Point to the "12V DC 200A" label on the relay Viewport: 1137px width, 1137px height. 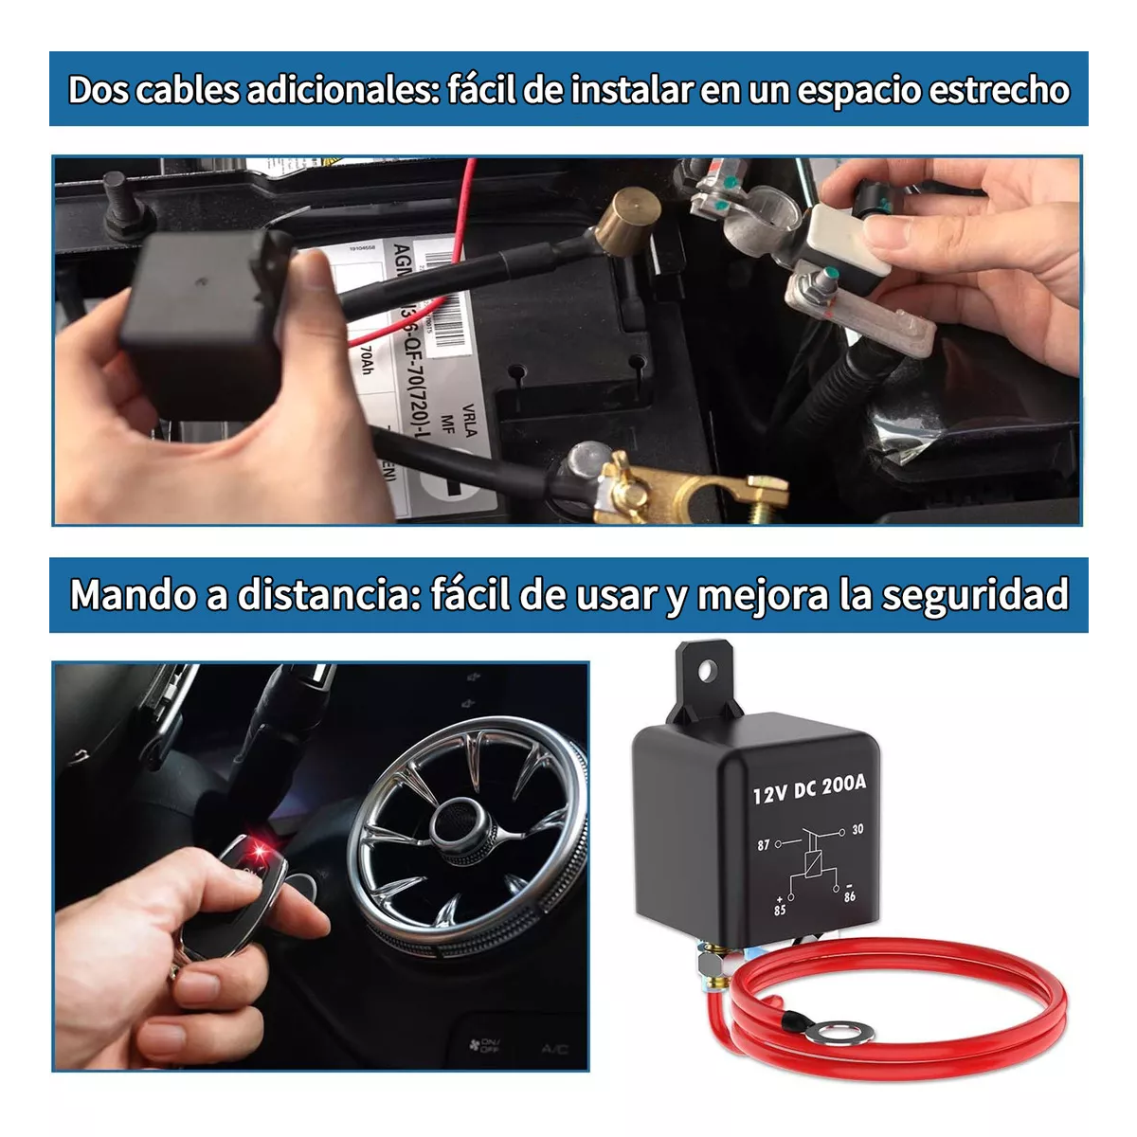(809, 788)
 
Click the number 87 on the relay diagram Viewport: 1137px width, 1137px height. (764, 844)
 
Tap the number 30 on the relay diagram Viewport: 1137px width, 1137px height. (857, 830)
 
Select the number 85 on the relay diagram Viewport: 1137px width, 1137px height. (780, 911)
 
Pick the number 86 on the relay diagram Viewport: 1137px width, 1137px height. (849, 895)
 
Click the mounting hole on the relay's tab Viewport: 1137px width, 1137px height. (706, 672)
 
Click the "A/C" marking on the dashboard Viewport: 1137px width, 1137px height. (554, 1049)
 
